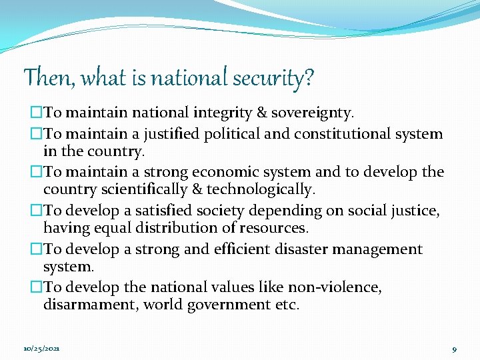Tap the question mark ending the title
(308, 78)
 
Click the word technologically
(262, 189)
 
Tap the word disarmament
(91, 305)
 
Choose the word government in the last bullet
(229, 305)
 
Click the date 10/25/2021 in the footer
(41, 349)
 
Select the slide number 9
(454, 349)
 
